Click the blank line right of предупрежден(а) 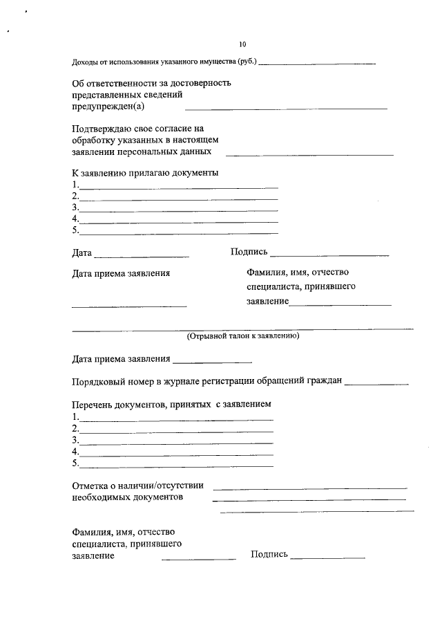[286, 109]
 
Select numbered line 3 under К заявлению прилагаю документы [178, 210]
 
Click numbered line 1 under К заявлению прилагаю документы [178, 187]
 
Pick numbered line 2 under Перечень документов [176, 431]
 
